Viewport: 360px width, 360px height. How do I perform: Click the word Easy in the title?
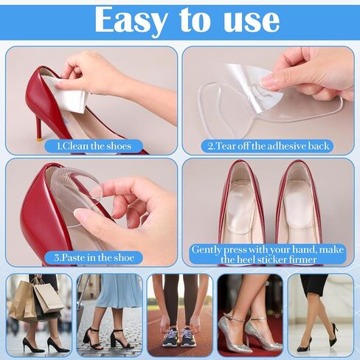coord(131,21)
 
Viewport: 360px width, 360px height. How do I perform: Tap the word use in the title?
coord(252,21)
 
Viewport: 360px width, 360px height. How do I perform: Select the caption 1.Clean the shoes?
coord(94,146)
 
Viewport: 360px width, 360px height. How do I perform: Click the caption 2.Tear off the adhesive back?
coord(268,146)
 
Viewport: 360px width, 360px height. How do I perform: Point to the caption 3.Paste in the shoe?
coord(94,257)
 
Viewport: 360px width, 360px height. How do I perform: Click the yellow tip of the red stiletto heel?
coord(40,140)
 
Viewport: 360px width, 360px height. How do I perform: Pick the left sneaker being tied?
coord(170,336)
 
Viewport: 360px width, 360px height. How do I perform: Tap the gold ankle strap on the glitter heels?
coord(236,319)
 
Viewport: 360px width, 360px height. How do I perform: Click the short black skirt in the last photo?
coord(314,285)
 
